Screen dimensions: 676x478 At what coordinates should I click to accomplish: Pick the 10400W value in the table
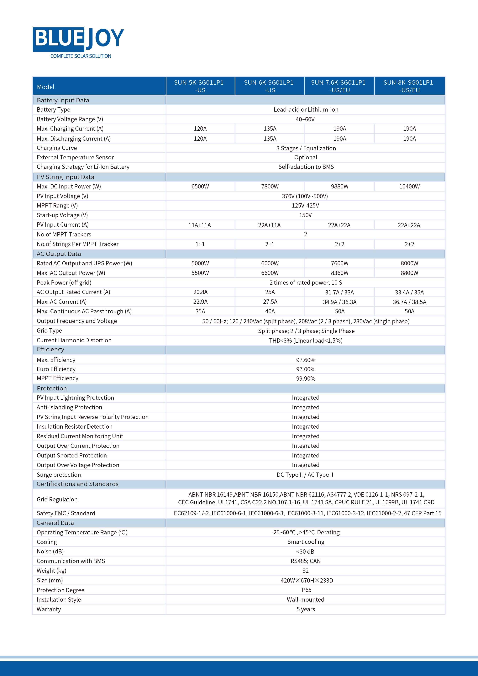409,186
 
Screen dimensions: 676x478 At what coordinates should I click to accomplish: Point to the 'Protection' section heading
52,388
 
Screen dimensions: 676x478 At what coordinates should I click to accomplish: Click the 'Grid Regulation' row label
57,499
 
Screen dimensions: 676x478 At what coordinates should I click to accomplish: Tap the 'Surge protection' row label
59,475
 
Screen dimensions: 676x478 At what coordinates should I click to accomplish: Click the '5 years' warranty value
306,609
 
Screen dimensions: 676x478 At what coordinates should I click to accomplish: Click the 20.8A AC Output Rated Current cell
200,292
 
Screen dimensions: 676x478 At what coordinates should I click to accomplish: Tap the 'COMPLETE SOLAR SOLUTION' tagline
81,56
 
